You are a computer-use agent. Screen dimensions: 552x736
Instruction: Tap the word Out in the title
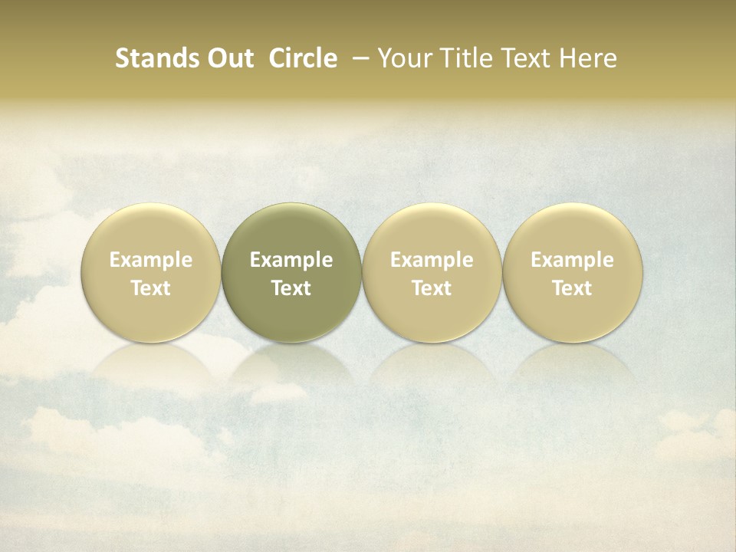click(228, 58)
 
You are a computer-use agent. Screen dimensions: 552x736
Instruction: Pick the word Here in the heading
click(586, 58)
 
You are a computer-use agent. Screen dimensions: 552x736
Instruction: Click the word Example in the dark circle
click(291, 260)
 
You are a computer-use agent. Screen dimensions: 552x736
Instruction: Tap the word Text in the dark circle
click(291, 288)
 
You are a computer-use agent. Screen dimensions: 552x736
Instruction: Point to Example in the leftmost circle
click(150, 260)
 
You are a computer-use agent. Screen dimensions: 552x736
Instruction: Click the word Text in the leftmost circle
click(150, 288)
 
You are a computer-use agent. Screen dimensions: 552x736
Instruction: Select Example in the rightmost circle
click(572, 260)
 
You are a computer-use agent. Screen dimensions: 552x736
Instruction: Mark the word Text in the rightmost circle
click(572, 288)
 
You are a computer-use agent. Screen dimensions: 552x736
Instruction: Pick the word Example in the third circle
click(432, 260)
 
